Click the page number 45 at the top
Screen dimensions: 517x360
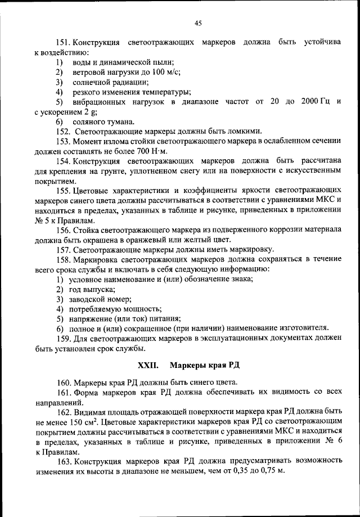[197, 23]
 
